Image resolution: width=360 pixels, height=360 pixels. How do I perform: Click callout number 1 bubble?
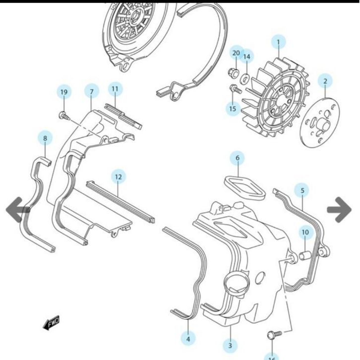pos(278,42)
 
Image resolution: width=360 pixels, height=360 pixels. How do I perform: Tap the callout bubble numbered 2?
pos(325,81)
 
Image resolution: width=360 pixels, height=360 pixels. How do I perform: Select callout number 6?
pos(237,158)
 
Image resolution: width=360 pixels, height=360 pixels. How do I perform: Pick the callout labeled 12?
pos(118,176)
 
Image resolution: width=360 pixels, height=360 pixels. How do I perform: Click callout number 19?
pos(63,92)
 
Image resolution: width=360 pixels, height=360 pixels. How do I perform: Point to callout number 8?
pos(45,138)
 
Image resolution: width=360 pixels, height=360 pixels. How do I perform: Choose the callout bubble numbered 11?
pos(115,89)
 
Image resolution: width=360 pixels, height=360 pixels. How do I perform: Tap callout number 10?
pos(305,232)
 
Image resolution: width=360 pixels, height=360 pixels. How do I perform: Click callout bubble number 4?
pos(188,339)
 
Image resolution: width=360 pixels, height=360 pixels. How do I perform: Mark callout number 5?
pos(302,189)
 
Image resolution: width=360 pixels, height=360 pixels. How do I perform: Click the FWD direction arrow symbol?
pos(51,324)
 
